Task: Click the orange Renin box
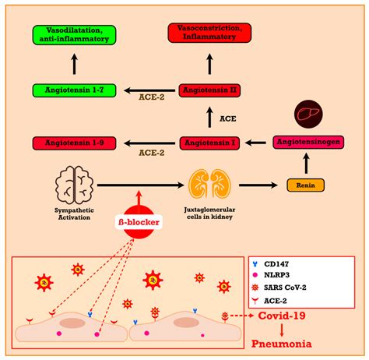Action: [x=304, y=185]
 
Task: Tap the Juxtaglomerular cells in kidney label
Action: [x=211, y=215]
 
